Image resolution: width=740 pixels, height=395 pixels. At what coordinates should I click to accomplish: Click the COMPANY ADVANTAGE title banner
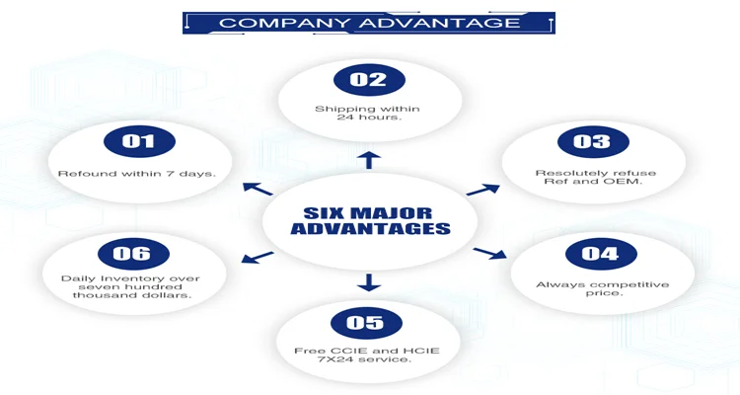pos(369,23)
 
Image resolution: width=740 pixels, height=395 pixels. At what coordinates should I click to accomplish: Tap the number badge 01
pos(138,141)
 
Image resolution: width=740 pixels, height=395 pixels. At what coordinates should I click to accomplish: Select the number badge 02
pos(368,80)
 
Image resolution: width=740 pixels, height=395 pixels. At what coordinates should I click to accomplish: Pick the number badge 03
pos(592,141)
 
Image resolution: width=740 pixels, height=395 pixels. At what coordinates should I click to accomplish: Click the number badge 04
pos(600,254)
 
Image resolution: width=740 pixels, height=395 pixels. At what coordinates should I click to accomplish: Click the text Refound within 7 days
pos(137,174)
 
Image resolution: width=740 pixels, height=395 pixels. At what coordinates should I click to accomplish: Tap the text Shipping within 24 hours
pos(368,113)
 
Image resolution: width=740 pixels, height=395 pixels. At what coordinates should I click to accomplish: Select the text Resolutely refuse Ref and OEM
pos(595,178)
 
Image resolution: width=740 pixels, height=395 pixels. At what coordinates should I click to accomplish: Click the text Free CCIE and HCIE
pos(366,352)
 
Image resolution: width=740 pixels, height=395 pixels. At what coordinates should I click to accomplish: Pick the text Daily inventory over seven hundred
pos(131,286)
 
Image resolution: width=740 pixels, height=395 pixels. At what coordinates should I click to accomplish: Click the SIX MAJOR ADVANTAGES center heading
pos(369,221)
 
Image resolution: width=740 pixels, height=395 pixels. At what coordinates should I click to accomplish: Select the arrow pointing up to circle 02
pos(368,160)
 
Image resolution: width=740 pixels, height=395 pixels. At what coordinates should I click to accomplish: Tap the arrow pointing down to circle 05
pos(368,282)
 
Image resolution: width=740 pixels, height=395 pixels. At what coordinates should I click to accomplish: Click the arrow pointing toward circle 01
pos(258,188)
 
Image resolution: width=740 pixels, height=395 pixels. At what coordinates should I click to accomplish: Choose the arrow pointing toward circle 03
pos(483,188)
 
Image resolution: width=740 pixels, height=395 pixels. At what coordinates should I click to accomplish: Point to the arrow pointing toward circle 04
pos(489,254)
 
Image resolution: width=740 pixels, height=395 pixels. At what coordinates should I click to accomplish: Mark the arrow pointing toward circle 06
pos(258,258)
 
